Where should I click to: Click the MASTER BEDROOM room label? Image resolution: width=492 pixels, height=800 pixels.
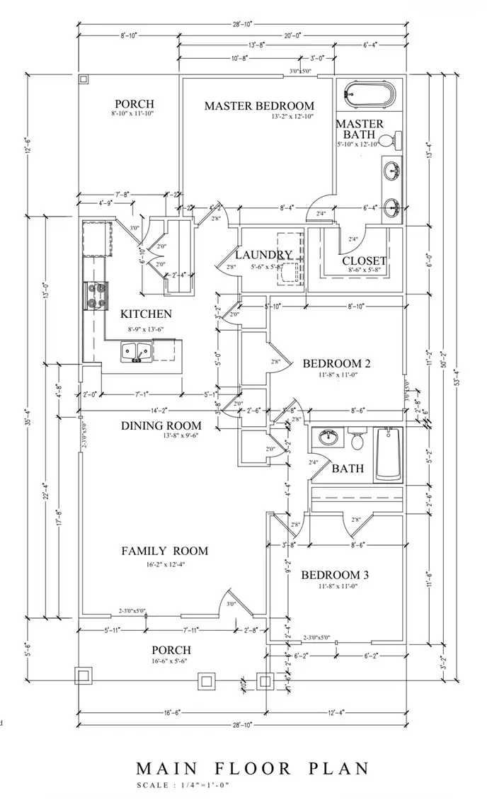pyautogui.click(x=259, y=105)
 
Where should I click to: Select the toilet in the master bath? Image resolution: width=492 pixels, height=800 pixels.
pyautogui.click(x=391, y=139)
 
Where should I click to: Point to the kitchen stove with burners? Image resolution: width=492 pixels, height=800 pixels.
pyautogui.click(x=96, y=295)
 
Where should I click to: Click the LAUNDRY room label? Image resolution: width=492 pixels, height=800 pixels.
pyautogui.click(x=263, y=255)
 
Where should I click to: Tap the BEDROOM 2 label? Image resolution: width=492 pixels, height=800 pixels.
pyautogui.click(x=336, y=364)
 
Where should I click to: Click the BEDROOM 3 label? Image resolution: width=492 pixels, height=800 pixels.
pyautogui.click(x=336, y=575)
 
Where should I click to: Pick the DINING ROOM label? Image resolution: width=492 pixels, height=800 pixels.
pyautogui.click(x=161, y=425)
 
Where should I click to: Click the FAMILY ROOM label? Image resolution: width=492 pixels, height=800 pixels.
pyautogui.click(x=164, y=551)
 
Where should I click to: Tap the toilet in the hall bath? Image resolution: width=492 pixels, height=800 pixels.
pyautogui.click(x=357, y=442)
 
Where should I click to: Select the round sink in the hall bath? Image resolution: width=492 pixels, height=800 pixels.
pyautogui.click(x=328, y=438)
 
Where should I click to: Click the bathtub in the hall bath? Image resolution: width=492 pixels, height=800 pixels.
pyautogui.click(x=387, y=454)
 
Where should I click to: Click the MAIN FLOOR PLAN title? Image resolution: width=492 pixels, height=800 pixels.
pyautogui.click(x=253, y=768)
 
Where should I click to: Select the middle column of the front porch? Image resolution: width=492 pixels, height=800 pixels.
pyautogui.click(x=206, y=680)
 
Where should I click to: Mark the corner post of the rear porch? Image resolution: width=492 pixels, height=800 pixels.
pyautogui.click(x=84, y=79)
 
